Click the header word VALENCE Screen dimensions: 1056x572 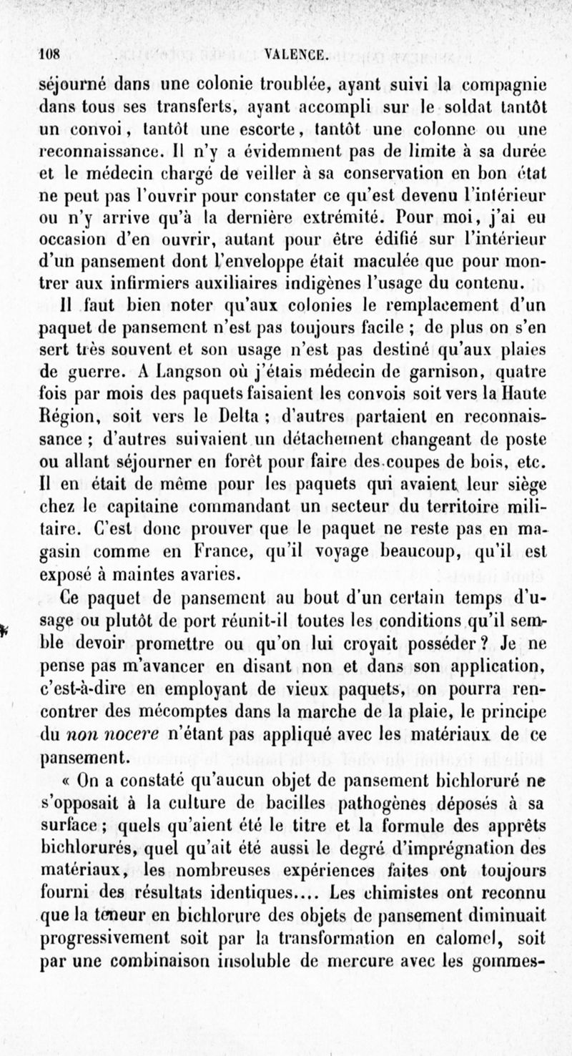pos(295,52)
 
